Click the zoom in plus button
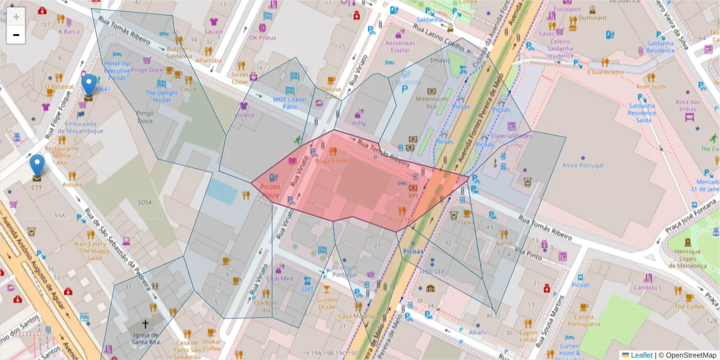click(16, 16)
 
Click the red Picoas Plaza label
click(271, 191)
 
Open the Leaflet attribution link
click(641, 355)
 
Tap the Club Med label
click(279, 278)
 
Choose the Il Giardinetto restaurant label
click(605, 72)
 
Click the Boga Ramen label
click(332, 161)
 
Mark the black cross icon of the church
click(145, 323)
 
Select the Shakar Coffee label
click(211, 344)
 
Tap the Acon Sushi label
click(651, 86)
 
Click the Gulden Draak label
click(326, 303)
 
